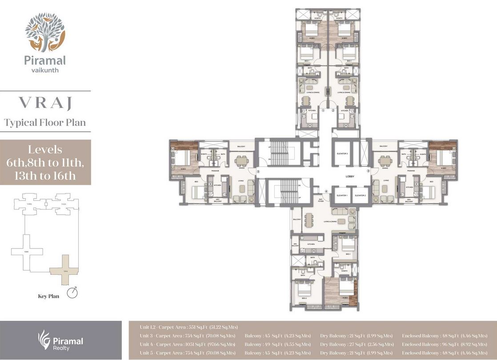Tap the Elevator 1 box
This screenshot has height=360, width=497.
click(x=342, y=196)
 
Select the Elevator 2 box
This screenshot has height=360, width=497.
click(x=360, y=196)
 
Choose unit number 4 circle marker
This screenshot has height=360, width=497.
click(x=326, y=192)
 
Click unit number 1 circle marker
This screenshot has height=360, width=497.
click(x=324, y=110)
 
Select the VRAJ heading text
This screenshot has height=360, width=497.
click(x=45, y=103)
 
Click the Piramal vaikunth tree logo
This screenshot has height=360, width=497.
click(x=45, y=32)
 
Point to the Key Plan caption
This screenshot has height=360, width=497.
click(x=49, y=294)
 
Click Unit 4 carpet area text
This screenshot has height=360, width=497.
click(x=187, y=344)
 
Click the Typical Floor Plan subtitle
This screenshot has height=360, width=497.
click(x=45, y=123)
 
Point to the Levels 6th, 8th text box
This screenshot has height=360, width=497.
click(x=45, y=162)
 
